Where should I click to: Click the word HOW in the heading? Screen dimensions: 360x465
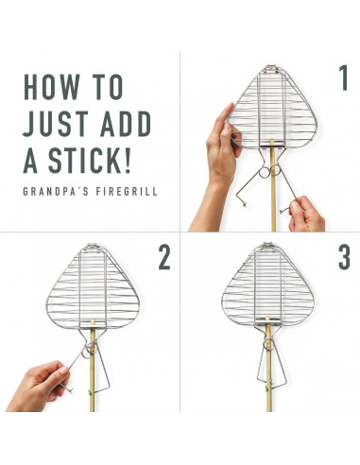[x=51, y=87]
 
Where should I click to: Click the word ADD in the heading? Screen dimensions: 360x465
[x=126, y=124]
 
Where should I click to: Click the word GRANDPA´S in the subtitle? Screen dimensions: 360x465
[x=56, y=192]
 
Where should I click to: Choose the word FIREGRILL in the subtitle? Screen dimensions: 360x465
[x=127, y=192]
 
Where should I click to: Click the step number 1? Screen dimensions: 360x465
[x=343, y=77]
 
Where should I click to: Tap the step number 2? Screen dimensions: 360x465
[x=164, y=257]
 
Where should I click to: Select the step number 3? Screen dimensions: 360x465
[x=345, y=257]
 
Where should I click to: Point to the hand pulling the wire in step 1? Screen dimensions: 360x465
[x=305, y=215]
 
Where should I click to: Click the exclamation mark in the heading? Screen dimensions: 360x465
[x=127, y=161]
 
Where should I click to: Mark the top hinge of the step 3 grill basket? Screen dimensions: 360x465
[x=267, y=246]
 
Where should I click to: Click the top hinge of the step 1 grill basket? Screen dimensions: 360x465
[x=271, y=69]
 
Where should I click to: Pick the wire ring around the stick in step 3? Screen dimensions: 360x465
[x=268, y=344]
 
